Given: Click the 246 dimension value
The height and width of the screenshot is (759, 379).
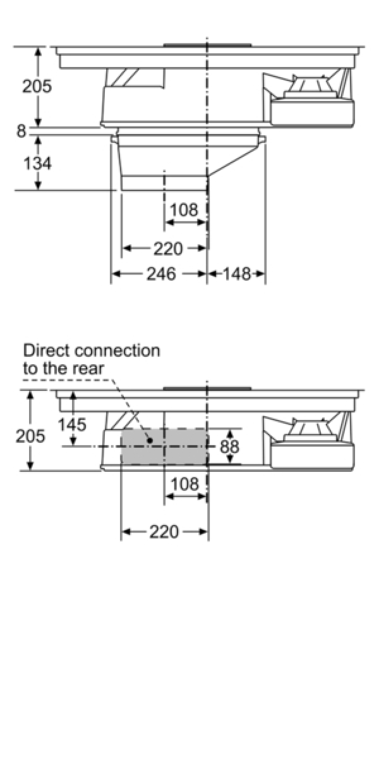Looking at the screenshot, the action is coord(161,274).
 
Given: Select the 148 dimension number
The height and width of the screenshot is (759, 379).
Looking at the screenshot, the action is coord(237,274).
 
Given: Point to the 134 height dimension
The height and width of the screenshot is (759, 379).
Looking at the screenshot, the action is coord(37,163).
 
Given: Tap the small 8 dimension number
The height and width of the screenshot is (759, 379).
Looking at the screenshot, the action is coord(21,131).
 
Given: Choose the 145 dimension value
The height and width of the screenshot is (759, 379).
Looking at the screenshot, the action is coord(72,424).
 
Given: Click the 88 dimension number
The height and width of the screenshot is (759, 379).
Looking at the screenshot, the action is coord(229,447).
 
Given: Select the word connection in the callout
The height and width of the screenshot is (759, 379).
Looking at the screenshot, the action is coord(117,350).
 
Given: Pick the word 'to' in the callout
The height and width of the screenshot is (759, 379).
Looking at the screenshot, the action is coord(30,369).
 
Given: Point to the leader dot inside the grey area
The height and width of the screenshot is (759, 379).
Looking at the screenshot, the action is coord(149,440).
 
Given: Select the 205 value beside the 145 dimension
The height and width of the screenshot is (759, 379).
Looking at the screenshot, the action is coord(30,436).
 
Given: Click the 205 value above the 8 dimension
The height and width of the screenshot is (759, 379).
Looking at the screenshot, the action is coord(37,86).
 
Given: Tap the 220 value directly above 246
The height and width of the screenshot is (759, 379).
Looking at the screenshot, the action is coord(168,249).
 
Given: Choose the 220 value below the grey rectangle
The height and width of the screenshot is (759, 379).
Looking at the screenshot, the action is coord(164,532).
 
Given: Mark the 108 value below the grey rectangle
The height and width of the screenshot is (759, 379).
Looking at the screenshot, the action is coord(184,484).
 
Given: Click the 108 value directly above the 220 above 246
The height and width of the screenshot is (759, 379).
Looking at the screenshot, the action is coord(184,210).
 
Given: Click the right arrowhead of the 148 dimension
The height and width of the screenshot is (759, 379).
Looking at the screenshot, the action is coord(260,274).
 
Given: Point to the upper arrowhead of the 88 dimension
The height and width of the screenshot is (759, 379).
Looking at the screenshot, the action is coord(230,434).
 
